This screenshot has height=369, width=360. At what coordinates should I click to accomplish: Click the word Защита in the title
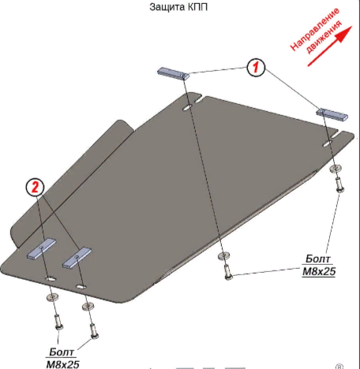coord(163,7)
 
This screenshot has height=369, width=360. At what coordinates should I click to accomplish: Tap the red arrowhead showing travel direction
coord(344,34)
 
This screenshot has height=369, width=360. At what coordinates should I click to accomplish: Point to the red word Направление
coord(314,29)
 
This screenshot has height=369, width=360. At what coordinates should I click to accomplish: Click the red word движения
coord(324,37)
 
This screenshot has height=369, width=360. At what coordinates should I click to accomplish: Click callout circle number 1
coord(256,68)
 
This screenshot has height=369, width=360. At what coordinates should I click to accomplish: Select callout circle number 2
coord(35,187)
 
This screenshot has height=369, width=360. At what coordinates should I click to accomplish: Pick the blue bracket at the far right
coord(332,114)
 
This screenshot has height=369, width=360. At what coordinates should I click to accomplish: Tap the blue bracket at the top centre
coord(173,73)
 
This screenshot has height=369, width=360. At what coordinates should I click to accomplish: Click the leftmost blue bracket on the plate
coord(41,248)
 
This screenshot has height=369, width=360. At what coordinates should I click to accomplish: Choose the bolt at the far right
coord(339,184)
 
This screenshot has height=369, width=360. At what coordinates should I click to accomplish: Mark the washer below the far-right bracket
coord(336,169)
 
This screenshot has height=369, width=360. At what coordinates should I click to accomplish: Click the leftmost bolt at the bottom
coord(58,322)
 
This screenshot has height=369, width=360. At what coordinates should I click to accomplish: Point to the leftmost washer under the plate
coord(52,297)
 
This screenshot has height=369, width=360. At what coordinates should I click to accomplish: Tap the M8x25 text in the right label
coord(319,271)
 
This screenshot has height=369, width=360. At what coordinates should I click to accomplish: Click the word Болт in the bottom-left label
coord(62,352)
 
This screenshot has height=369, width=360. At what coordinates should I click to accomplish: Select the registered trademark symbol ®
coord(339,367)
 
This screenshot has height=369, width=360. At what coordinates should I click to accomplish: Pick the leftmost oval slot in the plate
coord(51,278)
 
